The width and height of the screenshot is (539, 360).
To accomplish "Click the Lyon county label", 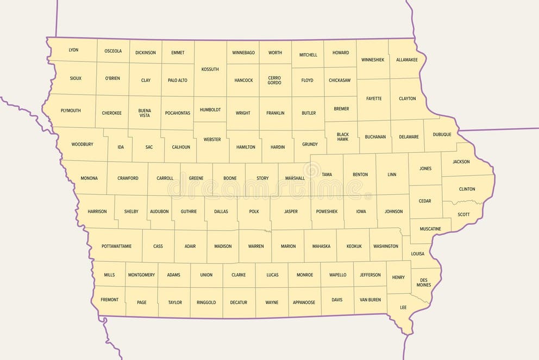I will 73,50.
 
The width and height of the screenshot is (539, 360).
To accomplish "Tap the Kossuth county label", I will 210,69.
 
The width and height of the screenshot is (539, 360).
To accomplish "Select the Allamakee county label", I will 407,59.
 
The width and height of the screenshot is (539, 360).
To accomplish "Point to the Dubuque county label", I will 442,134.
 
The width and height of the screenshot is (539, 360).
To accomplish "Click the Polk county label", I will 254,212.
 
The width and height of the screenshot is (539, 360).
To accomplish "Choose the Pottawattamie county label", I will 116,246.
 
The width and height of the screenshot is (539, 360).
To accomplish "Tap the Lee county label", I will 403,308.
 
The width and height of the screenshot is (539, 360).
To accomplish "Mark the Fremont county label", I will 109,300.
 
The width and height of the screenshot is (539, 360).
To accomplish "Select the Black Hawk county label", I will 342,136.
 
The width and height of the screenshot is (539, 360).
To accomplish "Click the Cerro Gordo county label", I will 274,80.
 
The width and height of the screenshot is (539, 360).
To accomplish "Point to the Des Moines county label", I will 424,282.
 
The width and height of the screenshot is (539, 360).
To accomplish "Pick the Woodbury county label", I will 83,144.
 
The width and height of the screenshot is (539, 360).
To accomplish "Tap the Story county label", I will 262,178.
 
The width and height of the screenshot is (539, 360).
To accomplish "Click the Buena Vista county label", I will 145,113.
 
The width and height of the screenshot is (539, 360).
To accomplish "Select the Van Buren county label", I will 370,300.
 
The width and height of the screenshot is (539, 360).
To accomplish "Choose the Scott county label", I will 463,214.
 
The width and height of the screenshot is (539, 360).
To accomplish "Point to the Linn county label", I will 392,175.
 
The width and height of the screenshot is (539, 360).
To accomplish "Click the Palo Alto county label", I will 177,80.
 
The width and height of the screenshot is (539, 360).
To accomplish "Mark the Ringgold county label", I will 206,302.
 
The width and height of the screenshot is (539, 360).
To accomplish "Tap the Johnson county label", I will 393,212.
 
